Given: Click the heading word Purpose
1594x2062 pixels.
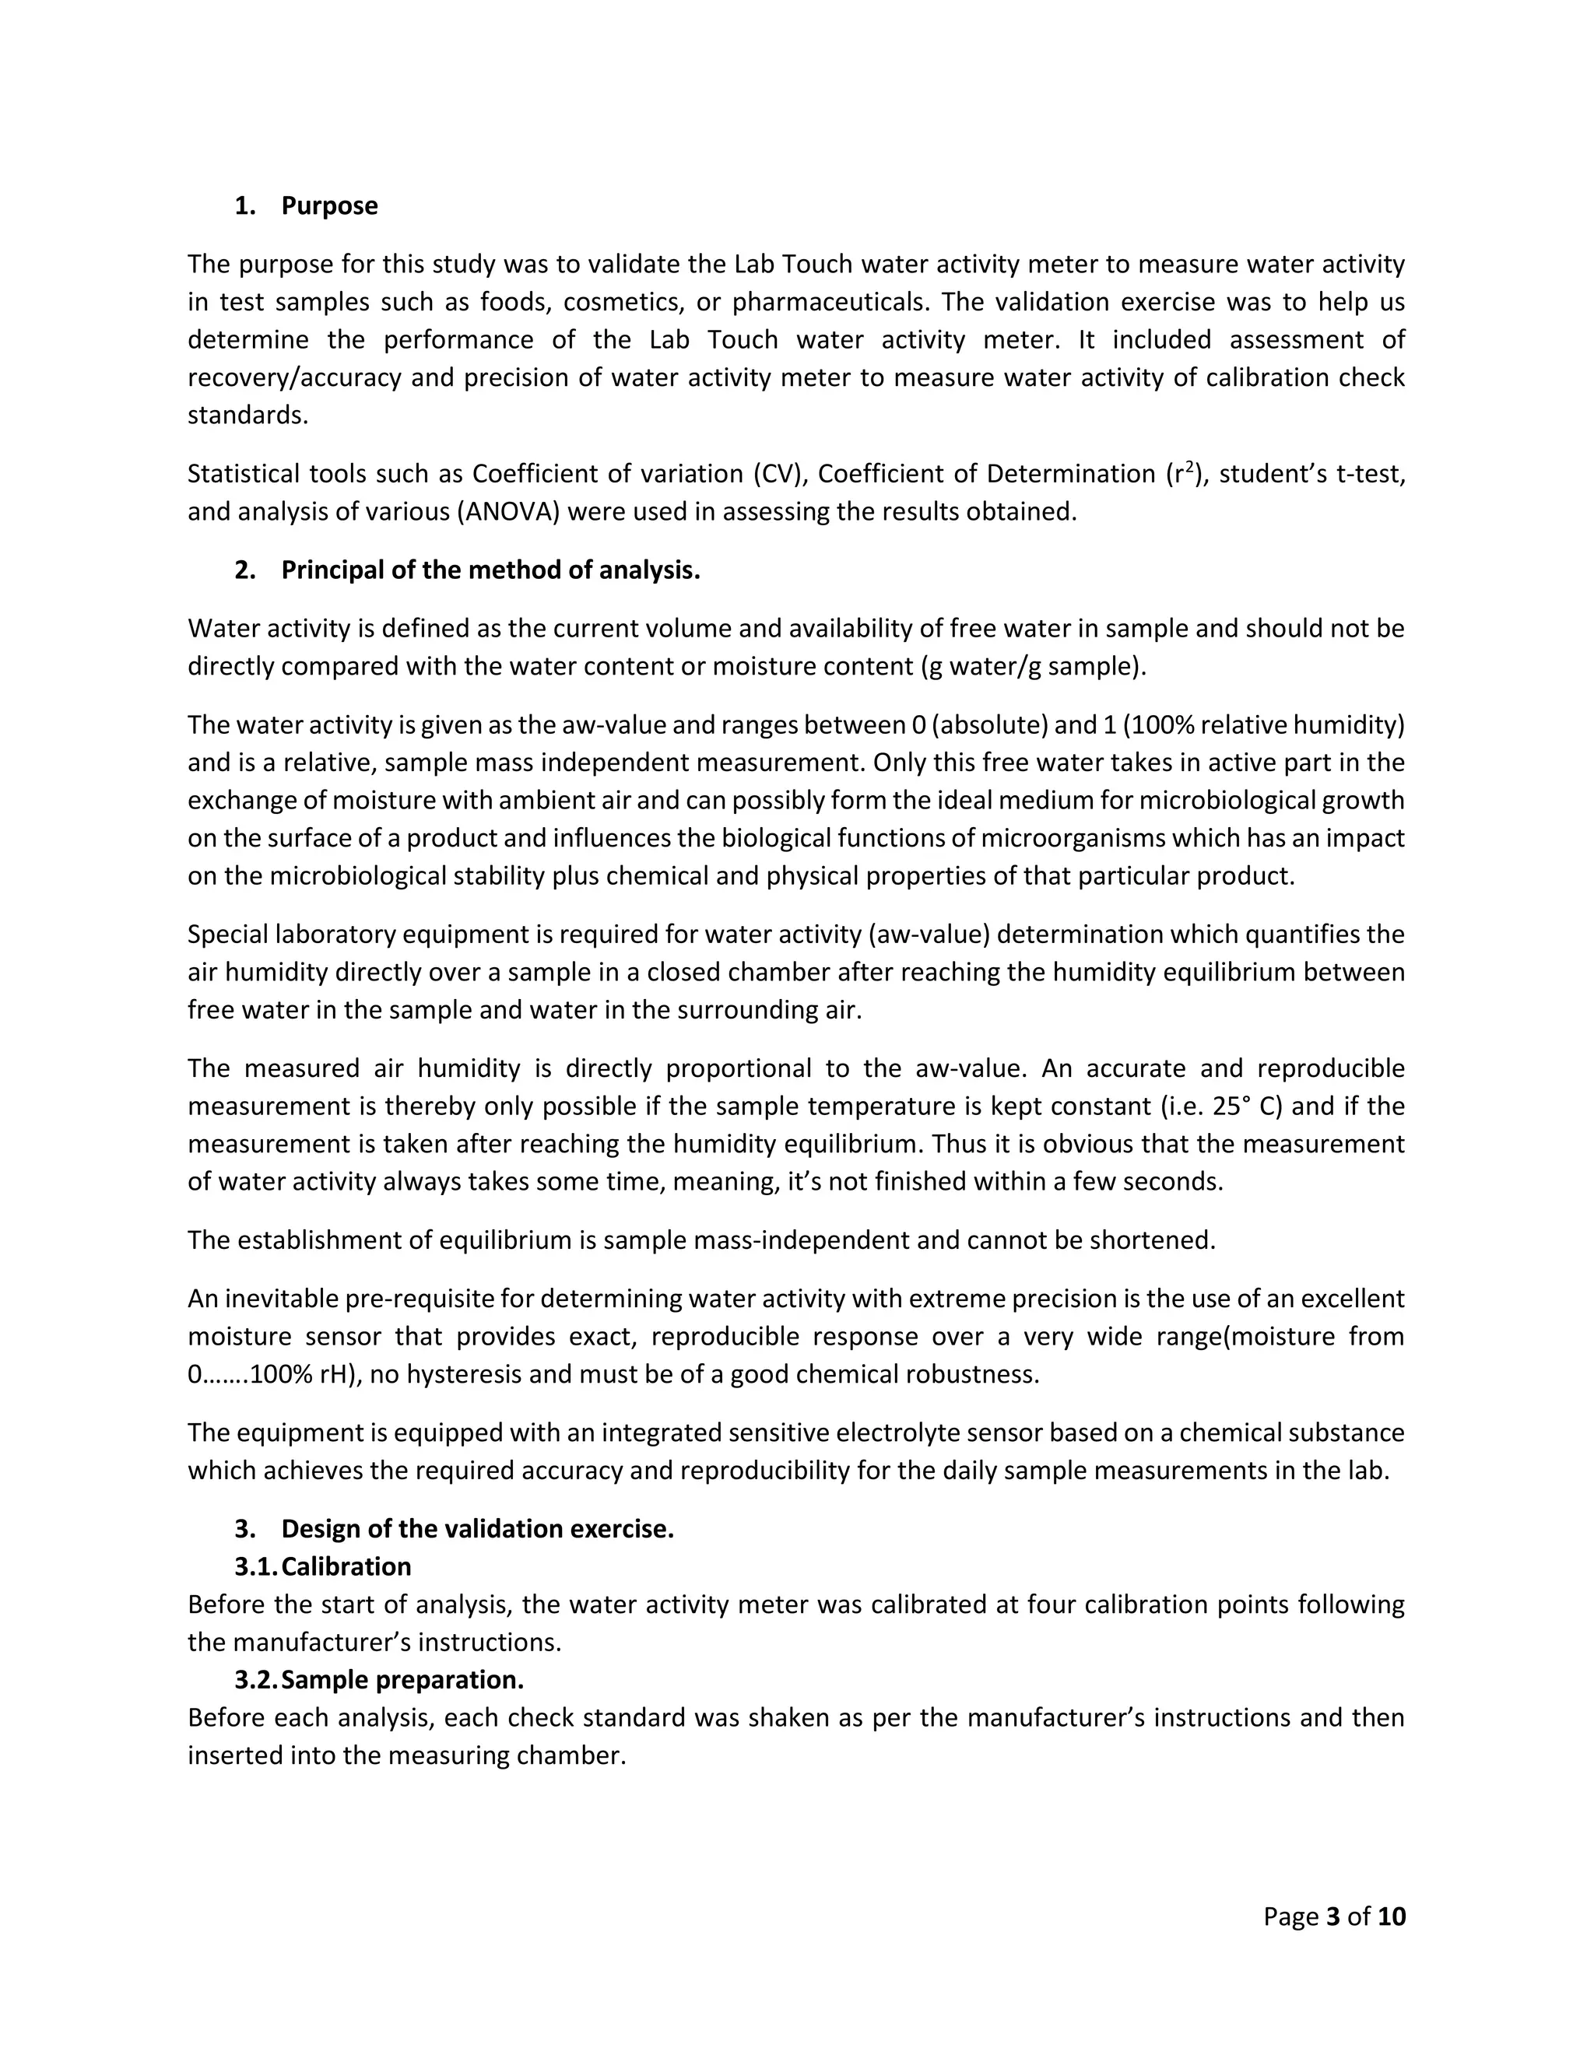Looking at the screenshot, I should tap(328, 206).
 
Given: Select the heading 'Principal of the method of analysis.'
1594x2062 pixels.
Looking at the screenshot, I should tap(490, 570).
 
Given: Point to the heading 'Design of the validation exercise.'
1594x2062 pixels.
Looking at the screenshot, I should tap(477, 1528).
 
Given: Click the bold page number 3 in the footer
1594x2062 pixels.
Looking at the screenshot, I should tap(1333, 1916).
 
